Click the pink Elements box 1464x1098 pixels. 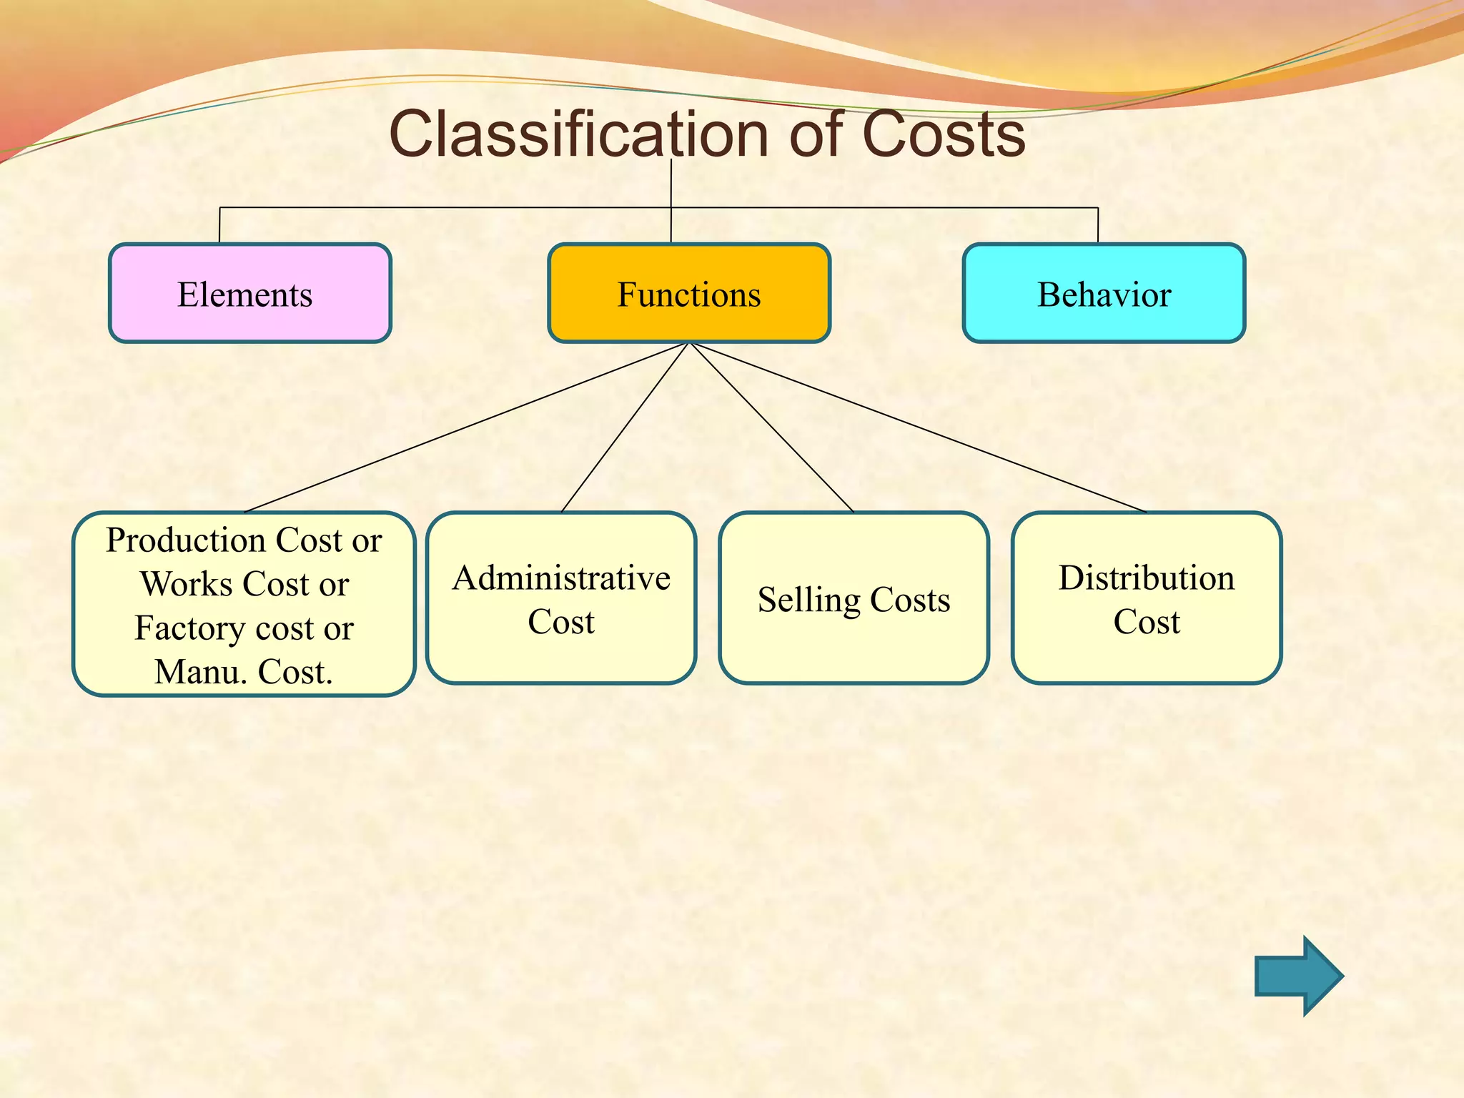click(249, 293)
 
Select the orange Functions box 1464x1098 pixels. click(688, 293)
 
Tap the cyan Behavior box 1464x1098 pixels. click(1104, 293)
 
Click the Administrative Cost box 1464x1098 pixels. click(561, 598)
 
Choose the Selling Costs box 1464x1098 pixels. click(854, 598)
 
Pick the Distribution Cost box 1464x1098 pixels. click(1146, 598)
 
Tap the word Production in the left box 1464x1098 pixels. click(186, 540)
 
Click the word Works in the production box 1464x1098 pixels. click(187, 584)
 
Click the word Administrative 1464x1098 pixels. click(561, 578)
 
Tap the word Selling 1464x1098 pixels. click(808, 600)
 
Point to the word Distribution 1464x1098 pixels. click(1146, 578)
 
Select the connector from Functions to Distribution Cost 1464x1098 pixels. click(919, 427)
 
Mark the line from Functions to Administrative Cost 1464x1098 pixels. click(624, 427)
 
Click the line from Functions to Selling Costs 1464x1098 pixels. click(772, 427)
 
